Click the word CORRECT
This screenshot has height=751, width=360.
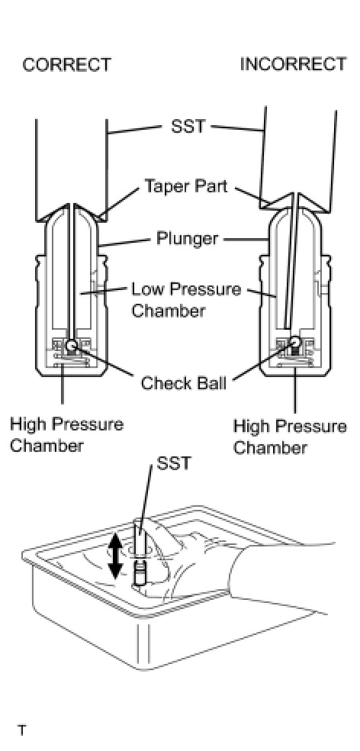(66, 65)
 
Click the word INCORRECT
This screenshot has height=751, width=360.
(293, 63)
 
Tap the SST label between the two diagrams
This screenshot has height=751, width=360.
(188, 126)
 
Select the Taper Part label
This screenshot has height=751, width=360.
(186, 185)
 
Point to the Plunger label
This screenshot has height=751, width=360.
(188, 238)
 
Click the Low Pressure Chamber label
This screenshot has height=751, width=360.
(186, 300)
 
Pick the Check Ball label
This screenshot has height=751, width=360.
(183, 383)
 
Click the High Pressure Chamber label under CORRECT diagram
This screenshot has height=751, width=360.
(66, 435)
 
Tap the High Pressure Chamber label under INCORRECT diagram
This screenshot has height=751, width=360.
(290, 437)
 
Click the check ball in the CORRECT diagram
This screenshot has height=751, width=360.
(72, 344)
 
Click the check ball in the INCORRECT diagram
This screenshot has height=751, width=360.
(294, 341)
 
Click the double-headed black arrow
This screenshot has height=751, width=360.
(115, 556)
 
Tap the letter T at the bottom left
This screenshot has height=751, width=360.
(22, 731)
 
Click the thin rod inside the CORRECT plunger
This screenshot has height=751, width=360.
(71, 271)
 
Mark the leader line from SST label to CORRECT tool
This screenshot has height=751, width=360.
(134, 129)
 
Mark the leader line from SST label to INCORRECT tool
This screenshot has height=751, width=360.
(237, 128)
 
